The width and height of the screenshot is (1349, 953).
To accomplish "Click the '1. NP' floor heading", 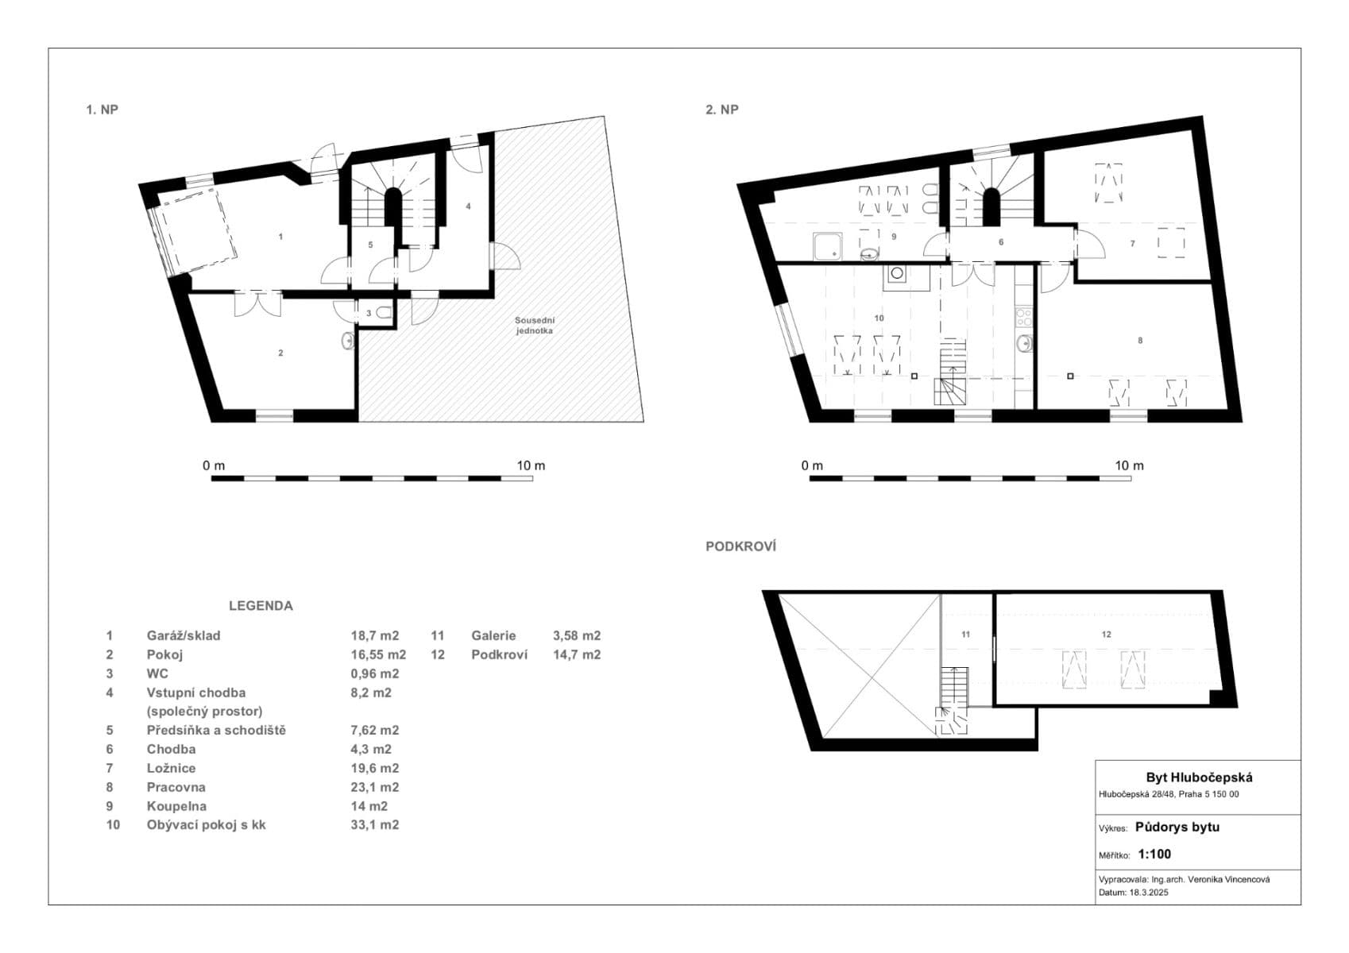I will click(102, 110).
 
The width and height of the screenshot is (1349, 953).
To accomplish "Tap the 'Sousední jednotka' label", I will click(532, 325).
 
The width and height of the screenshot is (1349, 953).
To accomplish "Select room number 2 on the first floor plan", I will click(280, 353).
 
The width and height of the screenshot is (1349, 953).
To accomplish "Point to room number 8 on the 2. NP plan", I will click(1140, 340).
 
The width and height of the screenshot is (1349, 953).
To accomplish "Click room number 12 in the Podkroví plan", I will click(1107, 634).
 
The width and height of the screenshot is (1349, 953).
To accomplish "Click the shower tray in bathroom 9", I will click(828, 247).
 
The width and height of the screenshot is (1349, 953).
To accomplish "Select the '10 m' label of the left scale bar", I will click(531, 465).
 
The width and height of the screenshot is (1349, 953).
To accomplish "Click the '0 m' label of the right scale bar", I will click(812, 465).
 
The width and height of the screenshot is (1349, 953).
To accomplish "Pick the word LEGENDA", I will click(261, 605).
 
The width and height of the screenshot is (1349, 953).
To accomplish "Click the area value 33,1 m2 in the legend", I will click(374, 824).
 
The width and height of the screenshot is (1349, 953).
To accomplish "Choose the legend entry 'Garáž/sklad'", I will click(184, 635).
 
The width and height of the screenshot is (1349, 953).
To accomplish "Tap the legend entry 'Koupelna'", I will click(176, 806).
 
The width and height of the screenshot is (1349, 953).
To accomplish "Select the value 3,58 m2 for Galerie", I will click(576, 635).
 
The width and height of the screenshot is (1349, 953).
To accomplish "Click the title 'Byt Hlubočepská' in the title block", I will click(1198, 777).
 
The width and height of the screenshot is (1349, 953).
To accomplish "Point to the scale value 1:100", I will click(1154, 855).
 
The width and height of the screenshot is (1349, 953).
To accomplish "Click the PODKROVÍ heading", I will click(740, 546).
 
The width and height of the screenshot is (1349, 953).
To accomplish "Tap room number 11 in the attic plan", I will click(965, 634).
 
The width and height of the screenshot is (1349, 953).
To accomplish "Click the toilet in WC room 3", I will click(384, 313).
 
